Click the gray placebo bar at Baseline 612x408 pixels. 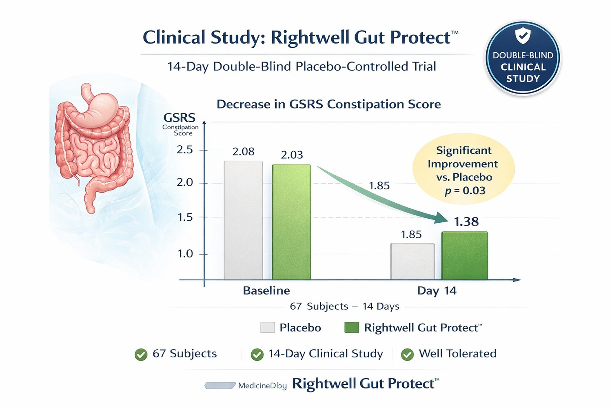pos(244,220)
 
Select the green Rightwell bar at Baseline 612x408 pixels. pos(291,222)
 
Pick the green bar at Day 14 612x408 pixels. pos(465,255)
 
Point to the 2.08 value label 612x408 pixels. pos(244,152)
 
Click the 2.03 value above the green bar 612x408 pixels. pos(292,155)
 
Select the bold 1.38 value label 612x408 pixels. pos(466,222)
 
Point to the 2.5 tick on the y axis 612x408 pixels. pos(185,150)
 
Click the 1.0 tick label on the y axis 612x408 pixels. pos(185,254)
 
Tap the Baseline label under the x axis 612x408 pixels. pos(266,290)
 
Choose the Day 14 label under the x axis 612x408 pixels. pos(437,291)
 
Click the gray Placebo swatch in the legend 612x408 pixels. pos(268,328)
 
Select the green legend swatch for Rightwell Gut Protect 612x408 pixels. pos(352,328)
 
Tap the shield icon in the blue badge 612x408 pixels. pos(523,36)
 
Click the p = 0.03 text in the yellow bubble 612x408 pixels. pos(465,191)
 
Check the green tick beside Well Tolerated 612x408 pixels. pos(407,355)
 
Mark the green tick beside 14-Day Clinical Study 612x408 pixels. pos(257,355)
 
